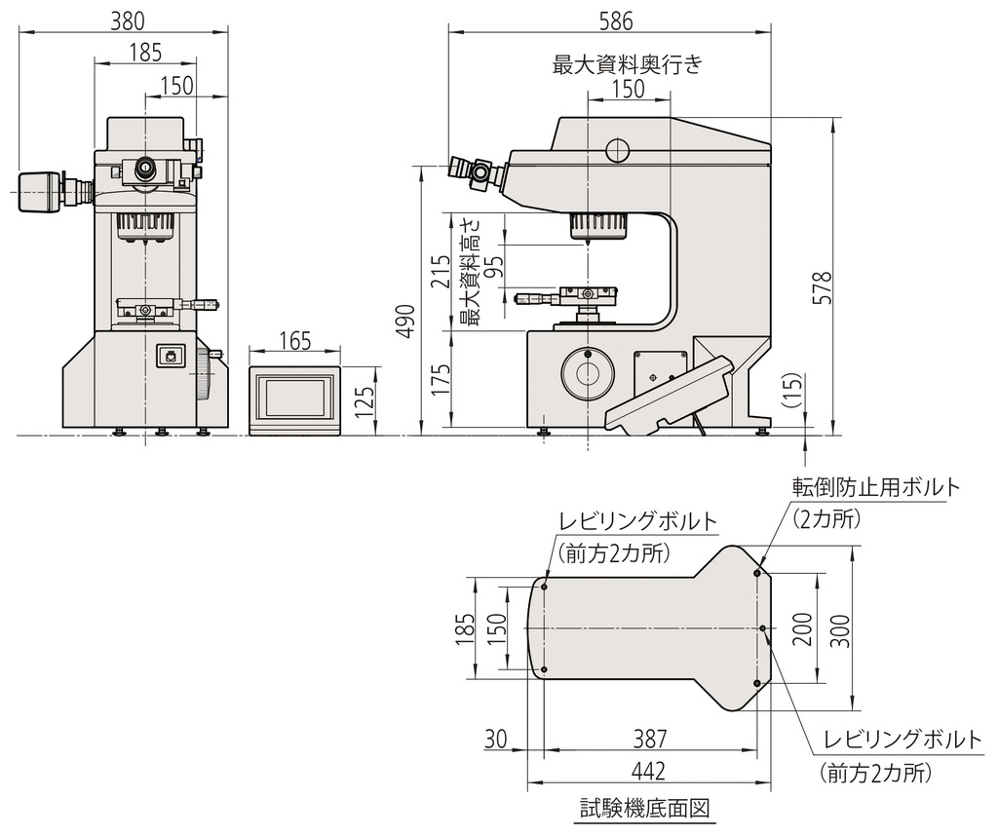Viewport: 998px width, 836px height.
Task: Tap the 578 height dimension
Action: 823,289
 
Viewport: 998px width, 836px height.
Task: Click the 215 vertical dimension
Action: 441,272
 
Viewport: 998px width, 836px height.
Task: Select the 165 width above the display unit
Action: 294,340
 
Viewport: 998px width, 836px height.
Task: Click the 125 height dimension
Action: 364,399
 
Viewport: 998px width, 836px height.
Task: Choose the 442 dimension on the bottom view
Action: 648,771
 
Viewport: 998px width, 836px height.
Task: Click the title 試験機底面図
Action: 642,808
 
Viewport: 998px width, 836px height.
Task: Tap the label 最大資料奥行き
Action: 627,65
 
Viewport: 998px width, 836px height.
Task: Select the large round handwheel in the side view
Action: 588,373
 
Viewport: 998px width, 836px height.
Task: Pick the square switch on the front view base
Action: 171,357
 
